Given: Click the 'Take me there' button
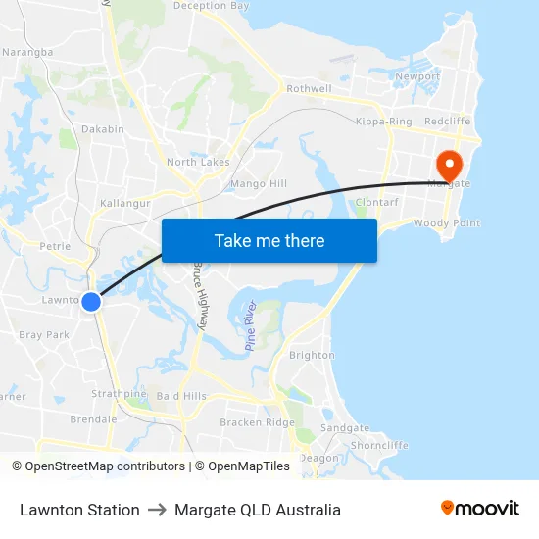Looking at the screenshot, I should [269, 240].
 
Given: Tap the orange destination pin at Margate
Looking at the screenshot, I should [450, 163].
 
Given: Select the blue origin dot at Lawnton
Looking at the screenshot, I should [91, 302].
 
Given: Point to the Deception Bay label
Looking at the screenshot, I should [211, 6].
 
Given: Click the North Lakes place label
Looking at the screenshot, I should [197, 162].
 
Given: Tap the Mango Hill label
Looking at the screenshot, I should [258, 183].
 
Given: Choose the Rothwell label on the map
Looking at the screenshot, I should [309, 89].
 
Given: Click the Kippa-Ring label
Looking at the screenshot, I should [383, 122].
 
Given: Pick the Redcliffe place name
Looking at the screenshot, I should [448, 122].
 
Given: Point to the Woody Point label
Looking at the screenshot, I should [446, 223].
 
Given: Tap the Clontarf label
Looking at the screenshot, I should [375, 202].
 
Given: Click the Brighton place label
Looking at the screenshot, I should [313, 356].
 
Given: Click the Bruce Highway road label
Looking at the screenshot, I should [201, 294].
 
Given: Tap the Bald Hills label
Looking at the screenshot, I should [181, 396].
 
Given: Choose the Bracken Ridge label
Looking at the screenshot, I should [257, 422].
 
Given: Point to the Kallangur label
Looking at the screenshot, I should [123, 203].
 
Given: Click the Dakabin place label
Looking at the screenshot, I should [103, 129].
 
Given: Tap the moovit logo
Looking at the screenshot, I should [479, 509].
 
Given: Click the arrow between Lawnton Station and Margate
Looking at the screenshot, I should [157, 510].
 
